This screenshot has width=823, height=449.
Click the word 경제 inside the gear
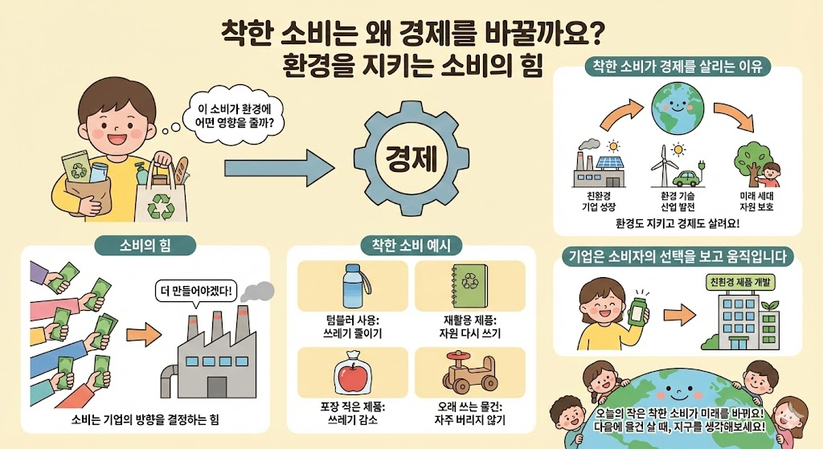[x=411, y=156]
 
